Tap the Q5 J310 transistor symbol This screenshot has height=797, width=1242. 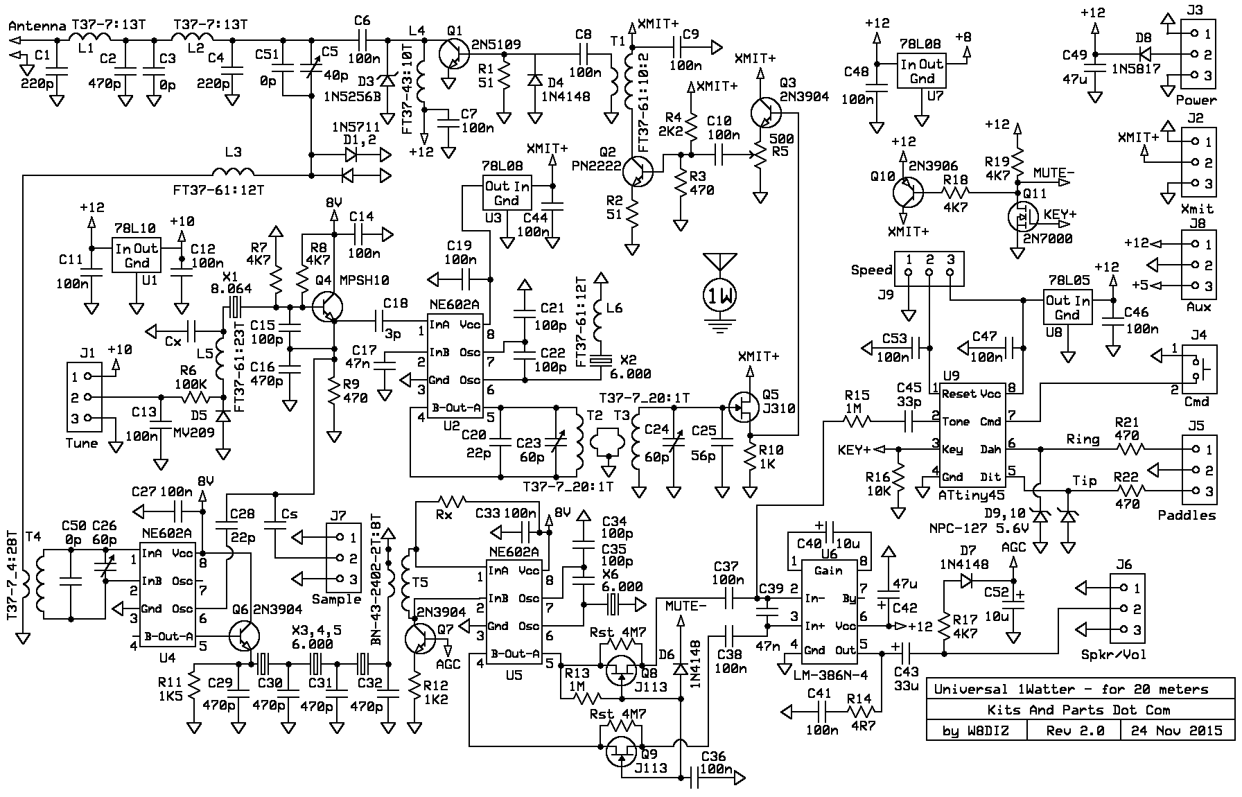pos(743,408)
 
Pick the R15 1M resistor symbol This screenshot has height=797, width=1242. pos(857,421)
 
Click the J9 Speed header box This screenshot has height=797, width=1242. pos(929,269)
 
